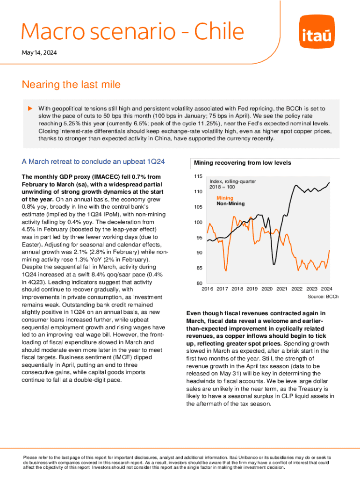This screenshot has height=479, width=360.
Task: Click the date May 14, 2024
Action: [39, 53]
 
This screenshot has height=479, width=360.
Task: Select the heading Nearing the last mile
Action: [71, 85]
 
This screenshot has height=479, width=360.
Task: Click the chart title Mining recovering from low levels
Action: [243, 163]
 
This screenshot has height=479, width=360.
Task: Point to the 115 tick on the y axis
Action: [198, 177]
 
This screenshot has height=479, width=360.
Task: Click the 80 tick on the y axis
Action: [199, 283]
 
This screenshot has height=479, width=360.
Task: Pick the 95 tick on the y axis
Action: [199, 238]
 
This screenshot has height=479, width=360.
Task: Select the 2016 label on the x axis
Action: [208, 289]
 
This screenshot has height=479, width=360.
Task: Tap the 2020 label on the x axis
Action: [267, 289]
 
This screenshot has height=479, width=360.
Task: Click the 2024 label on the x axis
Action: [326, 289]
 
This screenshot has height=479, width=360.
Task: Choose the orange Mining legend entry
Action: [225, 198]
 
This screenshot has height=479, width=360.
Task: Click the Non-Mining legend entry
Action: [230, 204]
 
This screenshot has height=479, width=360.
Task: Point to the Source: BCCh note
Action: [323, 297]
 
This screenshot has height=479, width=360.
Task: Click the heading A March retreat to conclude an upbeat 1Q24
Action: [93, 162]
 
